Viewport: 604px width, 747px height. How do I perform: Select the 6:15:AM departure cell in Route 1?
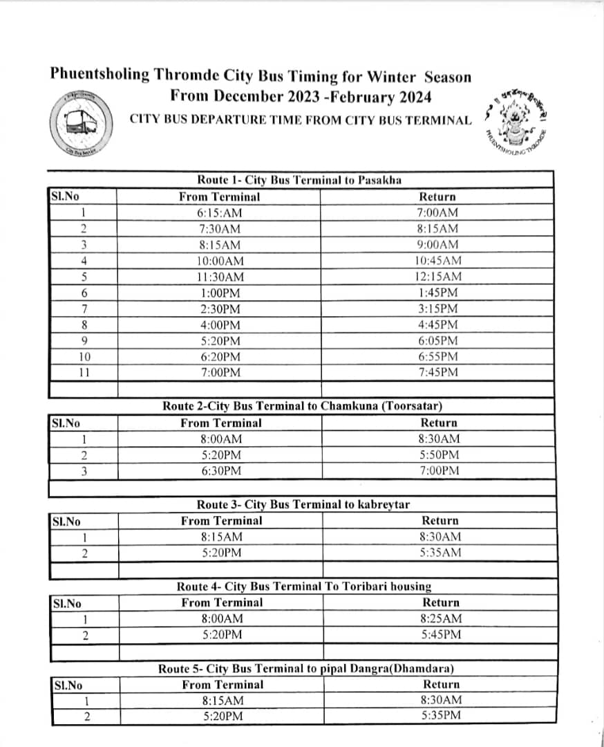[x=220, y=213]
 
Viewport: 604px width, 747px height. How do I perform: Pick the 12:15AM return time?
[x=438, y=277]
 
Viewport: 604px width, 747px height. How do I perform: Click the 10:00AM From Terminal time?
[x=220, y=261]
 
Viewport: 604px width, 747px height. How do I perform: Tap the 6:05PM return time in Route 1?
[x=438, y=341]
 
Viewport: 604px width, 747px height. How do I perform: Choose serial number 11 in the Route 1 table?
[x=84, y=373]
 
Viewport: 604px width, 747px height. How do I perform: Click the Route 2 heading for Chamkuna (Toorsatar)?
[x=302, y=406]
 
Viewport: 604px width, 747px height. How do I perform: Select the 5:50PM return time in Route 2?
[x=439, y=455]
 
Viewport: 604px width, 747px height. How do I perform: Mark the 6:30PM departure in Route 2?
[x=221, y=471]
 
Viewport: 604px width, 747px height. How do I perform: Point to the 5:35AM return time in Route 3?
[x=440, y=553]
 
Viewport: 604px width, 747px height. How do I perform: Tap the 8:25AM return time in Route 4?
[x=441, y=619]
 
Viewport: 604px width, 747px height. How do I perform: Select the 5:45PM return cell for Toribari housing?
[x=441, y=635]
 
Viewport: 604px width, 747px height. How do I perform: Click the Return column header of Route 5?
[x=441, y=684]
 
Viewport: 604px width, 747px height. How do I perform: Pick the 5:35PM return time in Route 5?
[x=441, y=716]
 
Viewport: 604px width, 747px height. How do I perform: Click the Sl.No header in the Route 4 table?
[x=67, y=603]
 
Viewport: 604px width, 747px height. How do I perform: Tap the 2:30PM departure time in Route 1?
[x=220, y=309]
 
